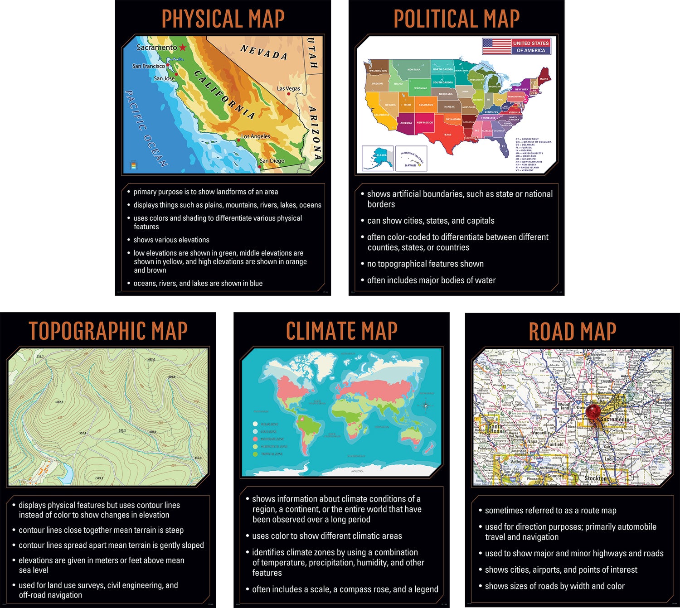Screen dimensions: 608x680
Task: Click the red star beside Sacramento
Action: [x=182, y=47]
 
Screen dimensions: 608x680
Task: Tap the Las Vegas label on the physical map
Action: [x=288, y=88]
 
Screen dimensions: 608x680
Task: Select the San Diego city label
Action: [x=272, y=160]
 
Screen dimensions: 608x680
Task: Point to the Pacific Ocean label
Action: [x=146, y=128]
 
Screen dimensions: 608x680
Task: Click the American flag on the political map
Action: [x=496, y=46]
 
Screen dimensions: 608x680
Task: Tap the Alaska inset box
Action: [x=378, y=158]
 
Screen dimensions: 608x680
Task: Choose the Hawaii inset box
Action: [x=411, y=158]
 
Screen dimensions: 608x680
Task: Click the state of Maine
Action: [x=544, y=75]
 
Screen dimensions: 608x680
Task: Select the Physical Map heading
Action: [x=223, y=19]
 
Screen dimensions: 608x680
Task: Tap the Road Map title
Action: [x=572, y=332]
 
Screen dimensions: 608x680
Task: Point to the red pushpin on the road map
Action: [x=593, y=411]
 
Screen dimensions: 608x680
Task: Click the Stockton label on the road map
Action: [x=595, y=478]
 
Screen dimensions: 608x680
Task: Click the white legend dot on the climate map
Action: [x=255, y=424]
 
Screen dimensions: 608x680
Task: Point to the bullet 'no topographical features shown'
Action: [x=425, y=264]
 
